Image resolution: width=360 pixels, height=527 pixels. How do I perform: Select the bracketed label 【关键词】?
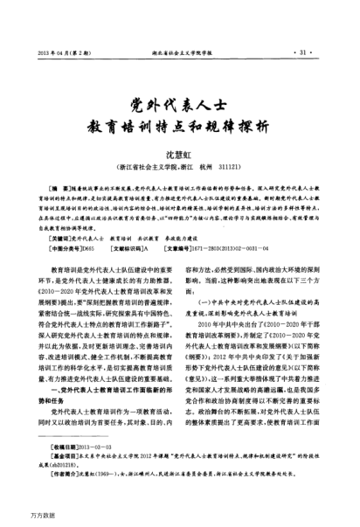point(62,237)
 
